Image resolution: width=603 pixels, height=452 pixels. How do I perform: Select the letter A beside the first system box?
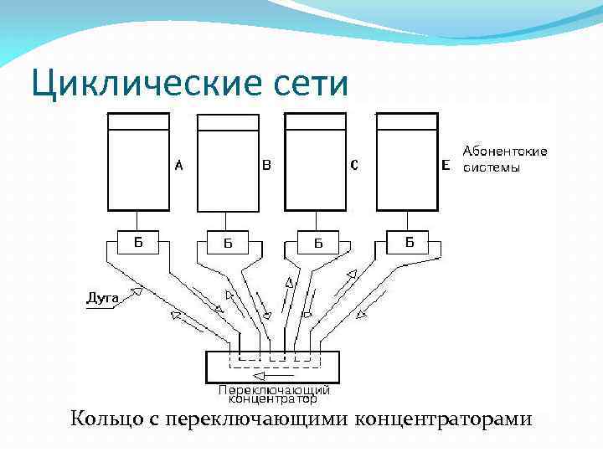coord(178,166)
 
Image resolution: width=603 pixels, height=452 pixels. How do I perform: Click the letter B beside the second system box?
coord(266,166)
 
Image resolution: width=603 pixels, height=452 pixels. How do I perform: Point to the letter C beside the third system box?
coord(354,166)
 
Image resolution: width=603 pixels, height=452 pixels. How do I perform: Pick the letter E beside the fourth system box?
coord(445,166)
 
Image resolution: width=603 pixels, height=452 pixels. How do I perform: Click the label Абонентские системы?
coord(505,159)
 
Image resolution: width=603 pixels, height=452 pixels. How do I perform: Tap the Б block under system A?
coord(138,243)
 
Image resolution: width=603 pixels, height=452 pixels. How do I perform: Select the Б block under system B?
coord(227,244)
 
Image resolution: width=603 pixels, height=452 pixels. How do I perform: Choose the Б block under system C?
coord(317,244)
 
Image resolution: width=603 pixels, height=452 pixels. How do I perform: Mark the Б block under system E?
coord(410,243)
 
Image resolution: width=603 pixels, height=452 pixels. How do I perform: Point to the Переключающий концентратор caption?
coord(274,393)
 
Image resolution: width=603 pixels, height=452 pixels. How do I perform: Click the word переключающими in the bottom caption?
coord(256,419)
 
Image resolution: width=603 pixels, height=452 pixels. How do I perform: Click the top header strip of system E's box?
coord(407,121)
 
